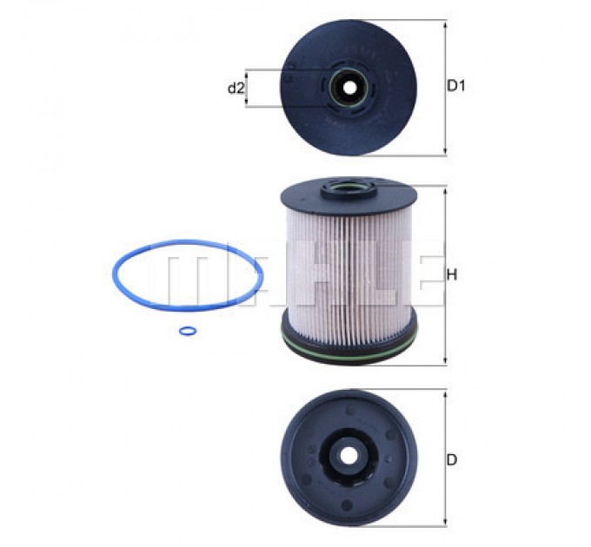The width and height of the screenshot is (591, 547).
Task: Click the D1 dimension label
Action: coord(455,86)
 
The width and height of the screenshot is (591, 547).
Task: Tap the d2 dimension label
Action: coord(236,89)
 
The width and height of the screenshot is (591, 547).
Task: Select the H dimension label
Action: coord(452,275)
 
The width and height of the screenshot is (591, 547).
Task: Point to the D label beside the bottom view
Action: coord(452,459)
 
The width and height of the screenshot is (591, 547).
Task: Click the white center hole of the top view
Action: coord(350,89)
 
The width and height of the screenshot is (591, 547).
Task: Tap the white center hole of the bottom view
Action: coord(348,456)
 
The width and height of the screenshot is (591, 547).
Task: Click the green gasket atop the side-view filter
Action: coord(349,187)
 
